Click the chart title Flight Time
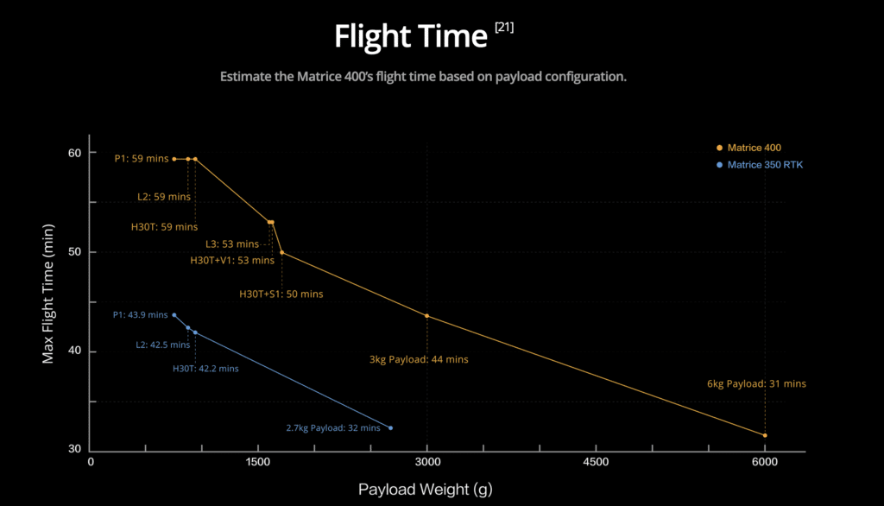pos(410,36)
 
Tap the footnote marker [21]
pos(504,27)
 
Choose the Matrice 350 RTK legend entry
pos(760,165)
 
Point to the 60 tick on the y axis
pos(75,153)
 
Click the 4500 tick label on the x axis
pos(596,462)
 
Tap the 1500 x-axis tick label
pos(258,462)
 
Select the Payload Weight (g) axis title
pos(425,489)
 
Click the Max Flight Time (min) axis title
pos(48,294)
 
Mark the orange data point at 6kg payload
pos(765,435)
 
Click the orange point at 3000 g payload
pos(426,316)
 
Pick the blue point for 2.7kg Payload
pos(391,428)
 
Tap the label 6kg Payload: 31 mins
pos(756,383)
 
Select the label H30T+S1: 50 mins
pos(281,294)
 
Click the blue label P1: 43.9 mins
pos(141,315)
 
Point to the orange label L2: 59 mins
pos(164,197)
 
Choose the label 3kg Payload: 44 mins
pos(419,359)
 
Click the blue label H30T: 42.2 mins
pos(205,369)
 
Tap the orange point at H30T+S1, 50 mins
pos(282,253)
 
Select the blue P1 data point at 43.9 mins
pos(174,315)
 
